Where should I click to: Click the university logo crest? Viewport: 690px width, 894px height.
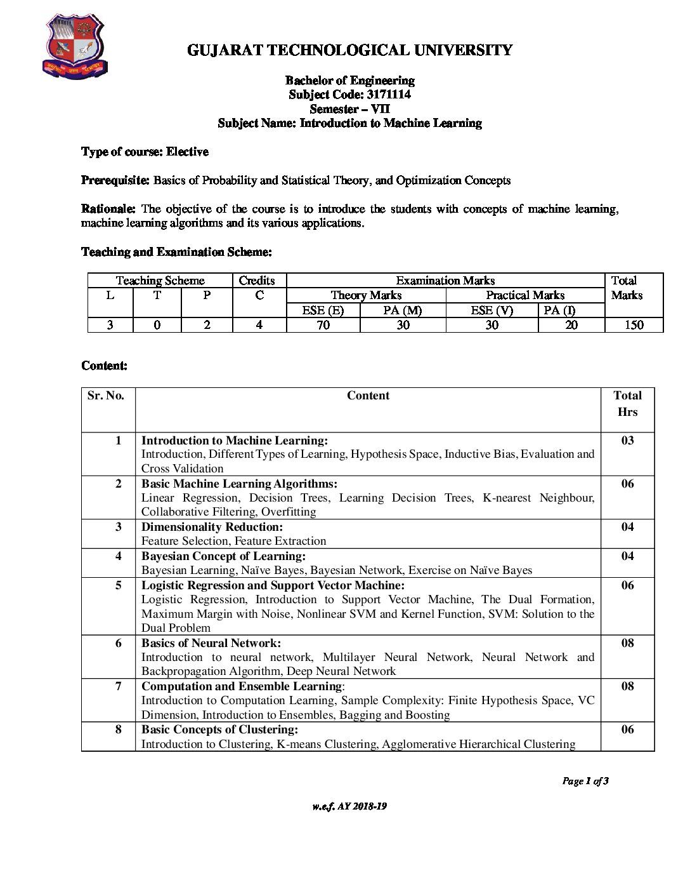[74, 47]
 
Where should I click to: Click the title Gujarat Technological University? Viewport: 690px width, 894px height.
[349, 50]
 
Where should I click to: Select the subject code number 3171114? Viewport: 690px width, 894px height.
[389, 95]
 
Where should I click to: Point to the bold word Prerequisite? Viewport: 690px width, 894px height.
[115, 180]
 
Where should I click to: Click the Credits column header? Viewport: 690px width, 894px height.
[257, 281]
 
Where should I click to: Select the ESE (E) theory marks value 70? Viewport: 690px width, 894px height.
[323, 325]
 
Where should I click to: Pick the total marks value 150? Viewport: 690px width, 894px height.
[634, 325]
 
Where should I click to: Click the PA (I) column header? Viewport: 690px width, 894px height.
[559, 310]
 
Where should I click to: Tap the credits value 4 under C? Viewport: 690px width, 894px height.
[259, 325]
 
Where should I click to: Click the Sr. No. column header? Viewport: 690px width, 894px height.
[106, 396]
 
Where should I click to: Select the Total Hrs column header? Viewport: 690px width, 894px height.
[627, 403]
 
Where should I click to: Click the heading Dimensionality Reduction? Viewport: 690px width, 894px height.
[212, 527]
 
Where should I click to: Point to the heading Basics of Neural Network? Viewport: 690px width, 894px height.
[211, 643]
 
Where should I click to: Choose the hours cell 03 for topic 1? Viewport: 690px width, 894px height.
[627, 441]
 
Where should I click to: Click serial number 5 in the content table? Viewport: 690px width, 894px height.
[119, 585]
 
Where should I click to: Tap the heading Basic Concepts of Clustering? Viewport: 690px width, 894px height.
[219, 730]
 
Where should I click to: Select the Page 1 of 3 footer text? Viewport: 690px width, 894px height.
[585, 781]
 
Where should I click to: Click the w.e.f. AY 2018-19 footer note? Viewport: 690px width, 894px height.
[349, 806]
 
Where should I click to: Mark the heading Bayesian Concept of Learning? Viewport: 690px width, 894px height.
[223, 556]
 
